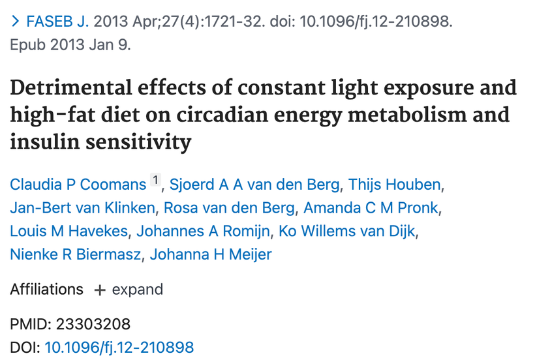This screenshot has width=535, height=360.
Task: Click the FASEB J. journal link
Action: pos(57,22)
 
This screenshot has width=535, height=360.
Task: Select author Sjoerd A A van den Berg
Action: pos(254,185)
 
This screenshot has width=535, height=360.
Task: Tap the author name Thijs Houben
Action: pos(395,185)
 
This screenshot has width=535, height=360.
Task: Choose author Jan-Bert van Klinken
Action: pos(83,208)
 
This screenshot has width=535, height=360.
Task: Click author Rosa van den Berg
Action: pos(229,208)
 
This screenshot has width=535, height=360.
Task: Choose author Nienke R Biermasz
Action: pos(75,254)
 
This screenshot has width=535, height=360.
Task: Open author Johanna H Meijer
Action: pos(211,254)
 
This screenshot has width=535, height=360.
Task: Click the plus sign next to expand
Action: pos(100,290)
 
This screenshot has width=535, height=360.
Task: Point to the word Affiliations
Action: pos(46,290)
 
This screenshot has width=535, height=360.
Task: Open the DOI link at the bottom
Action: pos(119,347)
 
